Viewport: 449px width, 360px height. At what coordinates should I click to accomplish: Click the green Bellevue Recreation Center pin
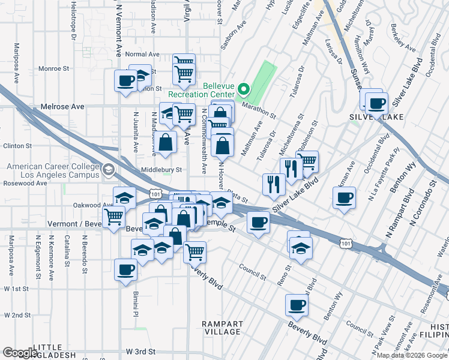tap(243, 91)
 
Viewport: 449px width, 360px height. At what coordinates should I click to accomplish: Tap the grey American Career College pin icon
tap(107, 170)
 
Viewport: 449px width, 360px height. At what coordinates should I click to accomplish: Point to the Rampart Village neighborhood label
tap(222, 328)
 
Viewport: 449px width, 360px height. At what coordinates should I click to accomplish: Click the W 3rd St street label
tap(140, 351)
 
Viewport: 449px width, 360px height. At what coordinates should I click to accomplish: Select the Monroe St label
tap(50, 69)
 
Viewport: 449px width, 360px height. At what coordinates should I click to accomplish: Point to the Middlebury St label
tap(161, 170)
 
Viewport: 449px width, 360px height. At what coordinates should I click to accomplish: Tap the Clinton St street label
tap(17, 146)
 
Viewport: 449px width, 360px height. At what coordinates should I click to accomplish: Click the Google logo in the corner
tap(20, 353)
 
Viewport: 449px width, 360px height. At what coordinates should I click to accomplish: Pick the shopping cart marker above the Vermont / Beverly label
tap(114, 217)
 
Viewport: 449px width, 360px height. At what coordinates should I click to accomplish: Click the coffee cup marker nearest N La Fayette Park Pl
tap(345, 198)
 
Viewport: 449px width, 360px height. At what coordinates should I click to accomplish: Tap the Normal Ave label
tap(142, 54)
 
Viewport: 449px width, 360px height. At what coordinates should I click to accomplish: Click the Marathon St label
tap(259, 109)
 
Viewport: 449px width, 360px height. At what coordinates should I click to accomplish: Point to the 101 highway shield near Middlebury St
tap(155, 194)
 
